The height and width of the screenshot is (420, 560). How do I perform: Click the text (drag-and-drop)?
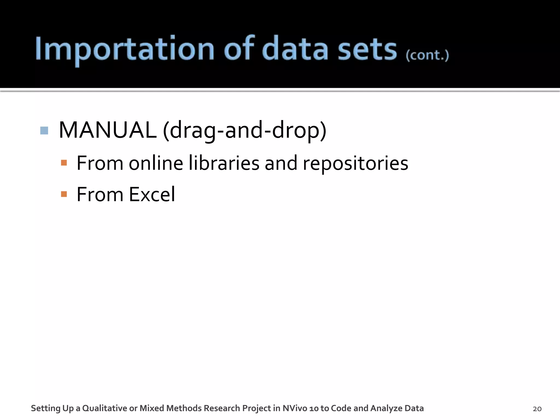244,131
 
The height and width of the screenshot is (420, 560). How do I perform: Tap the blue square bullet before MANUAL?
44,130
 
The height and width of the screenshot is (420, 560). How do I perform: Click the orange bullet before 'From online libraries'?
64,163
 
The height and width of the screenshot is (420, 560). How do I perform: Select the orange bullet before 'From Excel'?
64,194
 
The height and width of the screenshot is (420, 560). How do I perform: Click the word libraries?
224,163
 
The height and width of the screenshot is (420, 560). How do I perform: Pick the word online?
156,163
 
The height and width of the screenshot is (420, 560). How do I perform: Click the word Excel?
152,194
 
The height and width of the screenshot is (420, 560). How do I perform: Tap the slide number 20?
537,409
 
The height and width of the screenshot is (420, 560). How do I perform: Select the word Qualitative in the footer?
105,408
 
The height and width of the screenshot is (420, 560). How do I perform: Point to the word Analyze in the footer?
386,408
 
